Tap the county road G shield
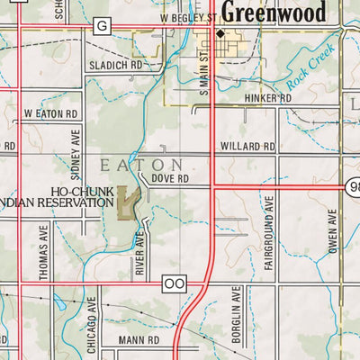click(102, 26)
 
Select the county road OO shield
click(174, 283)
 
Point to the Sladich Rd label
click(116, 66)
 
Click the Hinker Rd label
click(267, 97)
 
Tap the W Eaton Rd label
click(51, 114)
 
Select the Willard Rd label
click(247, 146)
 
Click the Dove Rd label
click(169, 179)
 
